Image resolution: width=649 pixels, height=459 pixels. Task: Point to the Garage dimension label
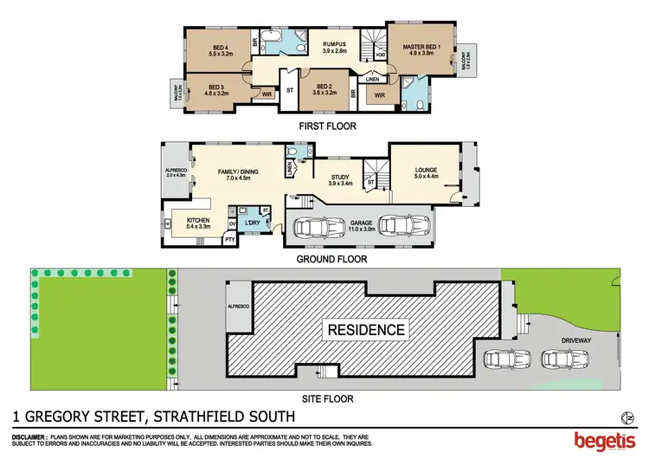tap(362, 227)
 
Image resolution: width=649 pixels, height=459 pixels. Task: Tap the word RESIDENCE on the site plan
tap(364, 329)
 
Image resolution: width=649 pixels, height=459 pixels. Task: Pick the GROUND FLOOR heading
tap(332, 259)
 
